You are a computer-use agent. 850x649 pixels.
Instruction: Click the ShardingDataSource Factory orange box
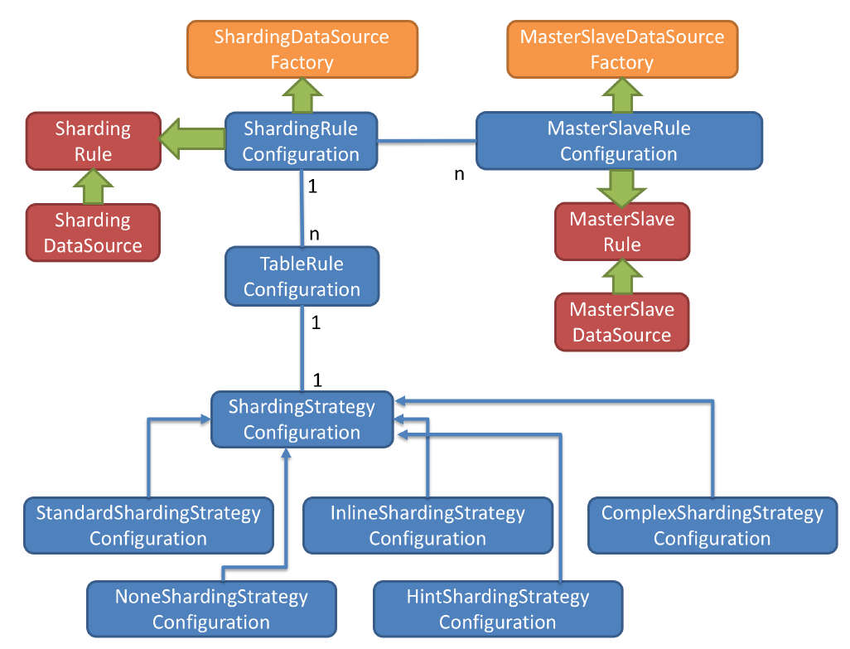(x=302, y=50)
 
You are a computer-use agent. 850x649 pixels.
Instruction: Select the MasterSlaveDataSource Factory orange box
(x=621, y=50)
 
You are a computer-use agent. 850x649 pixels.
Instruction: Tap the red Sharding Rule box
(x=93, y=141)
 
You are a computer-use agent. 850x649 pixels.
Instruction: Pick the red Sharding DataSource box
(x=93, y=233)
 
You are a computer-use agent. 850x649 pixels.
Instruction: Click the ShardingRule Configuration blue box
(x=302, y=141)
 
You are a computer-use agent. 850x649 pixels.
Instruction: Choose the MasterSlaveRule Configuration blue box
(x=619, y=141)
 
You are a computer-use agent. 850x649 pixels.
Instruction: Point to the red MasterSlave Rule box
(x=621, y=232)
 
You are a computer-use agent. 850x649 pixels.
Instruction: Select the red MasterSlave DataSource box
(x=621, y=322)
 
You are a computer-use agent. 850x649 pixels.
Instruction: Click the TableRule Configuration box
(x=302, y=277)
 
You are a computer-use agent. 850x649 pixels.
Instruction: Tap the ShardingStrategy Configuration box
(x=302, y=419)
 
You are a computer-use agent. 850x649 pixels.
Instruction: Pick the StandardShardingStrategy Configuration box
(x=148, y=525)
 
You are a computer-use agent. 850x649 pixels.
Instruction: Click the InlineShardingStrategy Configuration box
(x=427, y=525)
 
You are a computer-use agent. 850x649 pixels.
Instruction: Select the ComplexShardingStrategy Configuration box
(x=712, y=525)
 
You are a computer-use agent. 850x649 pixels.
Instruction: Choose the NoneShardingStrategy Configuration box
(x=211, y=609)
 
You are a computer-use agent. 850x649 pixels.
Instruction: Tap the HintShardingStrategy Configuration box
(x=498, y=609)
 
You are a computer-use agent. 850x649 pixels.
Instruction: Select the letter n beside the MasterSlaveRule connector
(x=459, y=175)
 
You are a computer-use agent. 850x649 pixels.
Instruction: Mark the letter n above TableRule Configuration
(x=314, y=235)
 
